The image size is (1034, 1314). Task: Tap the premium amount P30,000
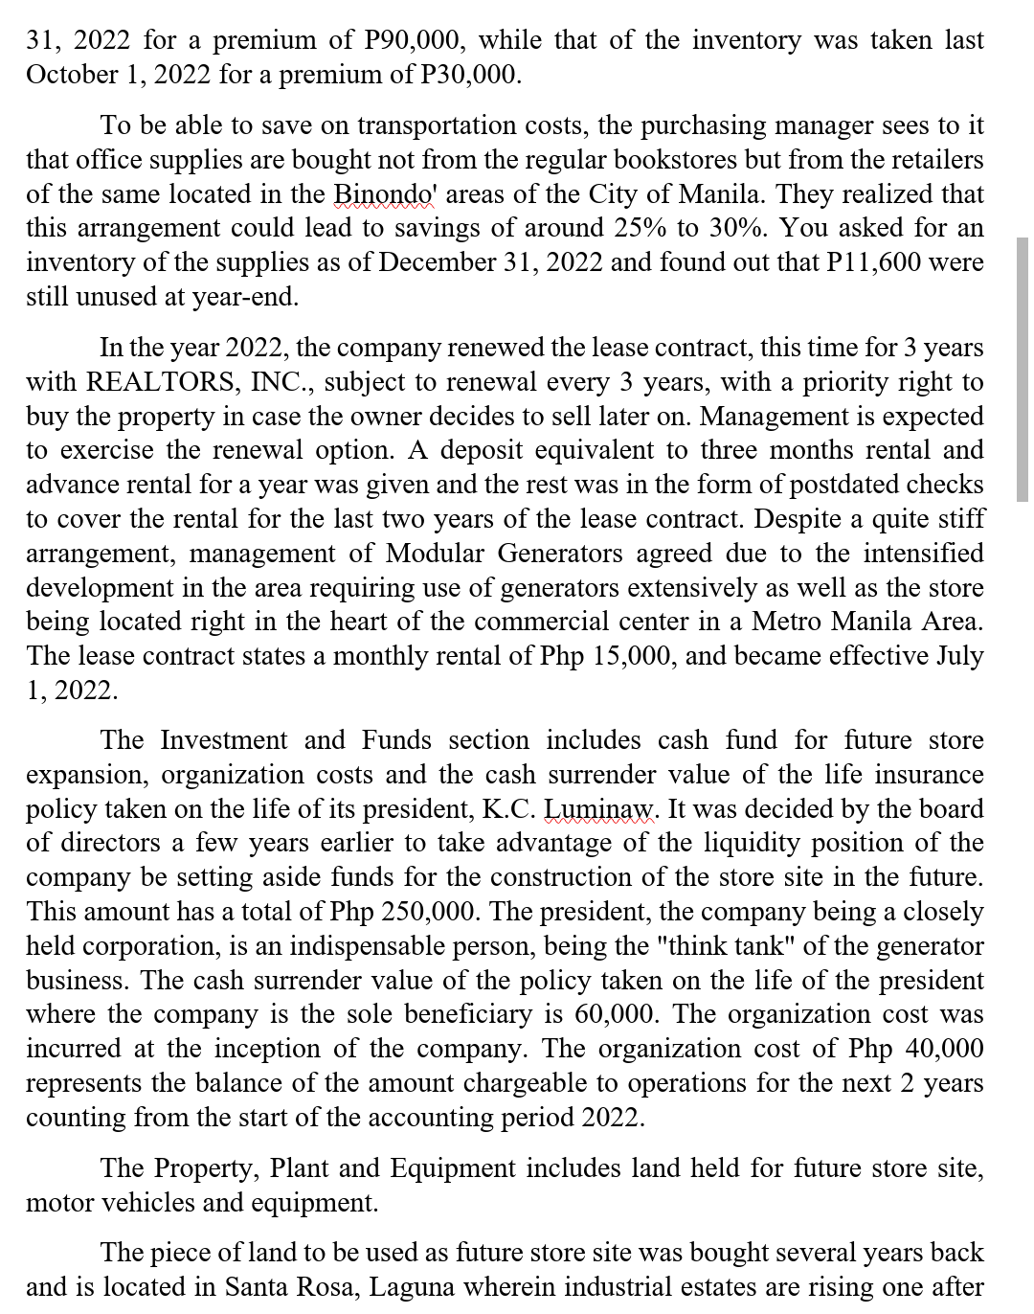coord(471,75)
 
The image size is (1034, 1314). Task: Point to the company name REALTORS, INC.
coord(200,382)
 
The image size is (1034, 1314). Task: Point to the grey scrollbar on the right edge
coord(1022,369)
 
